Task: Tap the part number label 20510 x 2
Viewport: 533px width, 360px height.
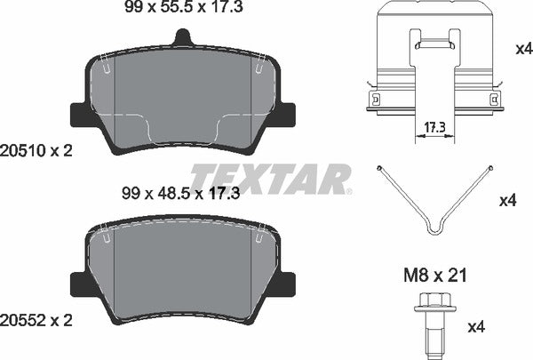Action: (x=37, y=152)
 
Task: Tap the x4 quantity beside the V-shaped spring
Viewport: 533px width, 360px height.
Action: (x=508, y=201)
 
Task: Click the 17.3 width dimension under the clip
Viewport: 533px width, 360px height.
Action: (x=434, y=129)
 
